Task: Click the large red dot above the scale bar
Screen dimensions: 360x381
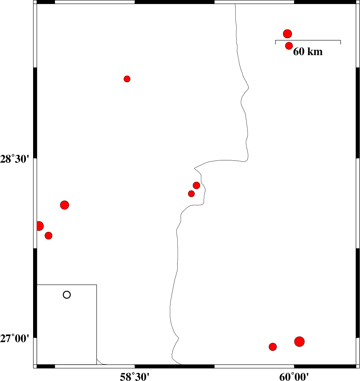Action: [x=287, y=34]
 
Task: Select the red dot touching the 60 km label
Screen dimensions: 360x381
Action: [x=289, y=46]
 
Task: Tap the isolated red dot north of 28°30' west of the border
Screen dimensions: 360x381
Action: [x=127, y=79]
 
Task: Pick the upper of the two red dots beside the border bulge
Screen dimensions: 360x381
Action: [x=197, y=185]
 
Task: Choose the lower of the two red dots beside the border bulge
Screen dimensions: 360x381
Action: [x=191, y=194]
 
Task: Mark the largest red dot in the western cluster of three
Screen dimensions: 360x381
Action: [x=65, y=205]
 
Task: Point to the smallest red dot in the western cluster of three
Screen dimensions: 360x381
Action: [x=49, y=235]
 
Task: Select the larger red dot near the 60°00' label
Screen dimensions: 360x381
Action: [x=299, y=342]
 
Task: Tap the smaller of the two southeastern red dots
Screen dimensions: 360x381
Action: [x=273, y=347]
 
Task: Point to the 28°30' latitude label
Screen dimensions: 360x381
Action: [x=15, y=159]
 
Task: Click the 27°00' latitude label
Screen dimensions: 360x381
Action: [x=15, y=338]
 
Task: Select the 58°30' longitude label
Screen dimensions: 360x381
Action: [x=135, y=377]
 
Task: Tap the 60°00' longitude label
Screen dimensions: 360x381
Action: [x=294, y=377]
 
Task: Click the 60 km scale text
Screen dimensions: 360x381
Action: [x=308, y=51]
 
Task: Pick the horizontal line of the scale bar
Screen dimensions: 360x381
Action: [x=308, y=40]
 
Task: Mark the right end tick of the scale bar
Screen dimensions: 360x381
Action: [x=340, y=42]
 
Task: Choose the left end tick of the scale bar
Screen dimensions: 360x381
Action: [x=276, y=42]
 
